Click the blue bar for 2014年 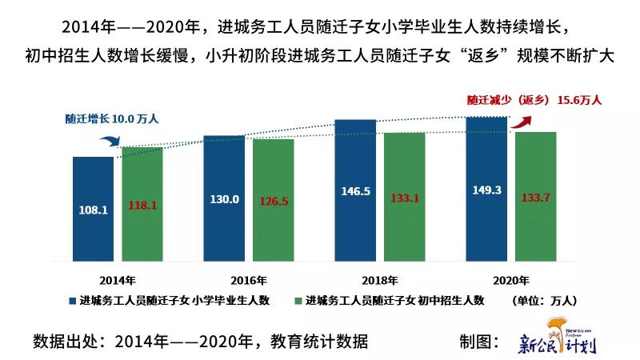tap(93, 208)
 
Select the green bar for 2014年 tap(142, 203)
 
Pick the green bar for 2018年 tap(404, 196)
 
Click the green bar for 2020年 tap(535, 196)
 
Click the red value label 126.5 tap(274, 201)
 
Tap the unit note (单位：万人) tap(542, 300)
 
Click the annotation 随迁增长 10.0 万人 tap(113, 118)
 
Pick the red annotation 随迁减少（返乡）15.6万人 tap(534, 101)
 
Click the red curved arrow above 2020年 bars tap(524, 119)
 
